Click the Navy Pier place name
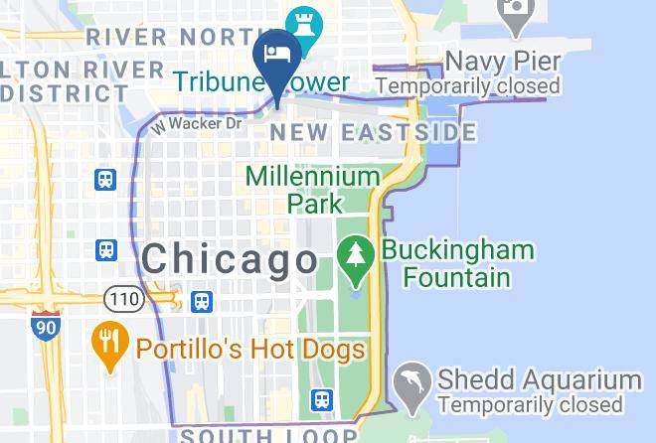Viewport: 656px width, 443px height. (x=502, y=62)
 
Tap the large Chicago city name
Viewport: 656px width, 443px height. (x=230, y=260)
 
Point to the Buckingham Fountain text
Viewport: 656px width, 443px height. (x=458, y=262)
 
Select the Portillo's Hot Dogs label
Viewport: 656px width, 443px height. (x=250, y=350)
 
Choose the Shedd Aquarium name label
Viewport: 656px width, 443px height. (x=539, y=380)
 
